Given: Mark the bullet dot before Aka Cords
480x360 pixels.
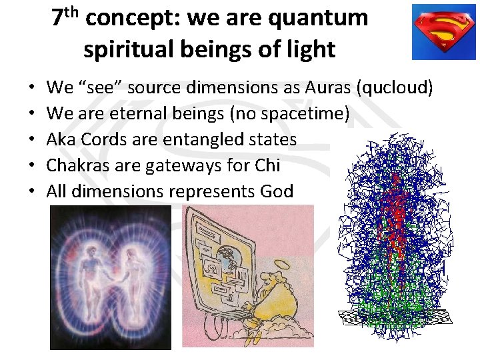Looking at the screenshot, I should pos(32,140).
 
